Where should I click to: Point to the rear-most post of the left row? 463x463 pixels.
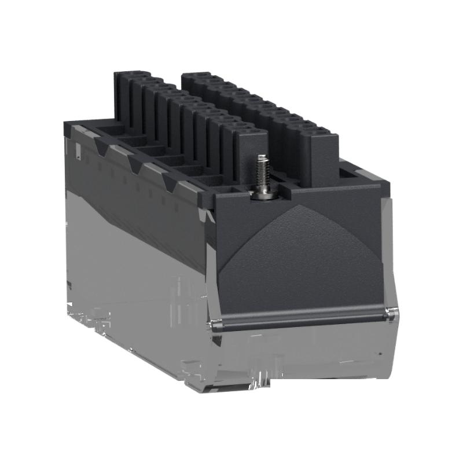click(x=123, y=98)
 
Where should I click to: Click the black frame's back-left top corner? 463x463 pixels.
click(x=67, y=123)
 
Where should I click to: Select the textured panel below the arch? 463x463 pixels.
click(x=301, y=266)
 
